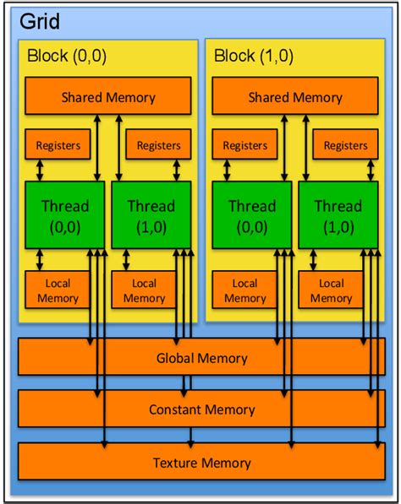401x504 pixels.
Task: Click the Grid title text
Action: click(x=39, y=19)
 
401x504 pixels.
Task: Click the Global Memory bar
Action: click(x=201, y=358)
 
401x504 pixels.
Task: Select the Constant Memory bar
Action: click(x=201, y=409)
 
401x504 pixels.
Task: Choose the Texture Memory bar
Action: click(x=201, y=462)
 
